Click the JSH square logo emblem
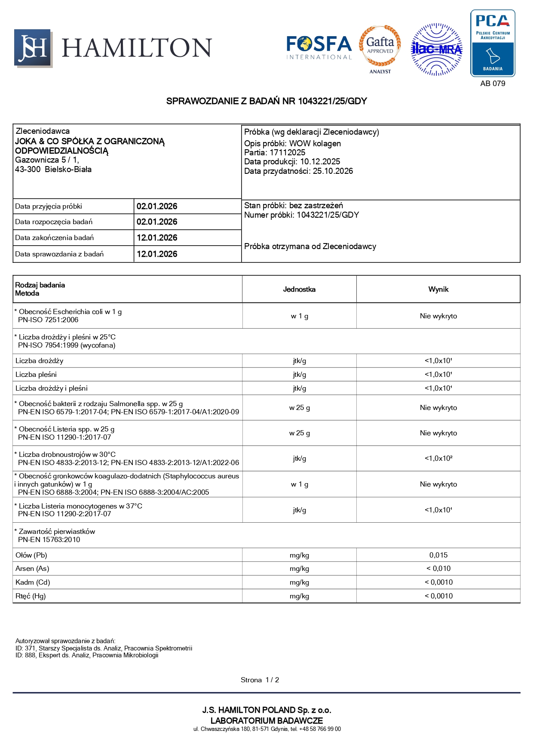click(33, 48)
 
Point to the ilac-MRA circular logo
click(437, 49)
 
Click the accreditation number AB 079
click(493, 83)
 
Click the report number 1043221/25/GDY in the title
click(332, 101)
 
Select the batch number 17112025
click(287, 153)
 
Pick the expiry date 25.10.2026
click(333, 171)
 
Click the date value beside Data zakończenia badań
click(157, 238)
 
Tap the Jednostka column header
click(299, 290)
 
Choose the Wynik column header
click(438, 290)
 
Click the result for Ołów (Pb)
click(438, 555)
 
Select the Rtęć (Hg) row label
click(31, 596)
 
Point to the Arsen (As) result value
click(438, 569)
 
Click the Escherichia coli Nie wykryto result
click(438, 316)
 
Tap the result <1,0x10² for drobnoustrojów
click(438, 459)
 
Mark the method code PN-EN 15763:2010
click(49, 540)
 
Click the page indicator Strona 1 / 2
click(260, 680)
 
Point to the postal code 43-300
click(28, 169)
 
